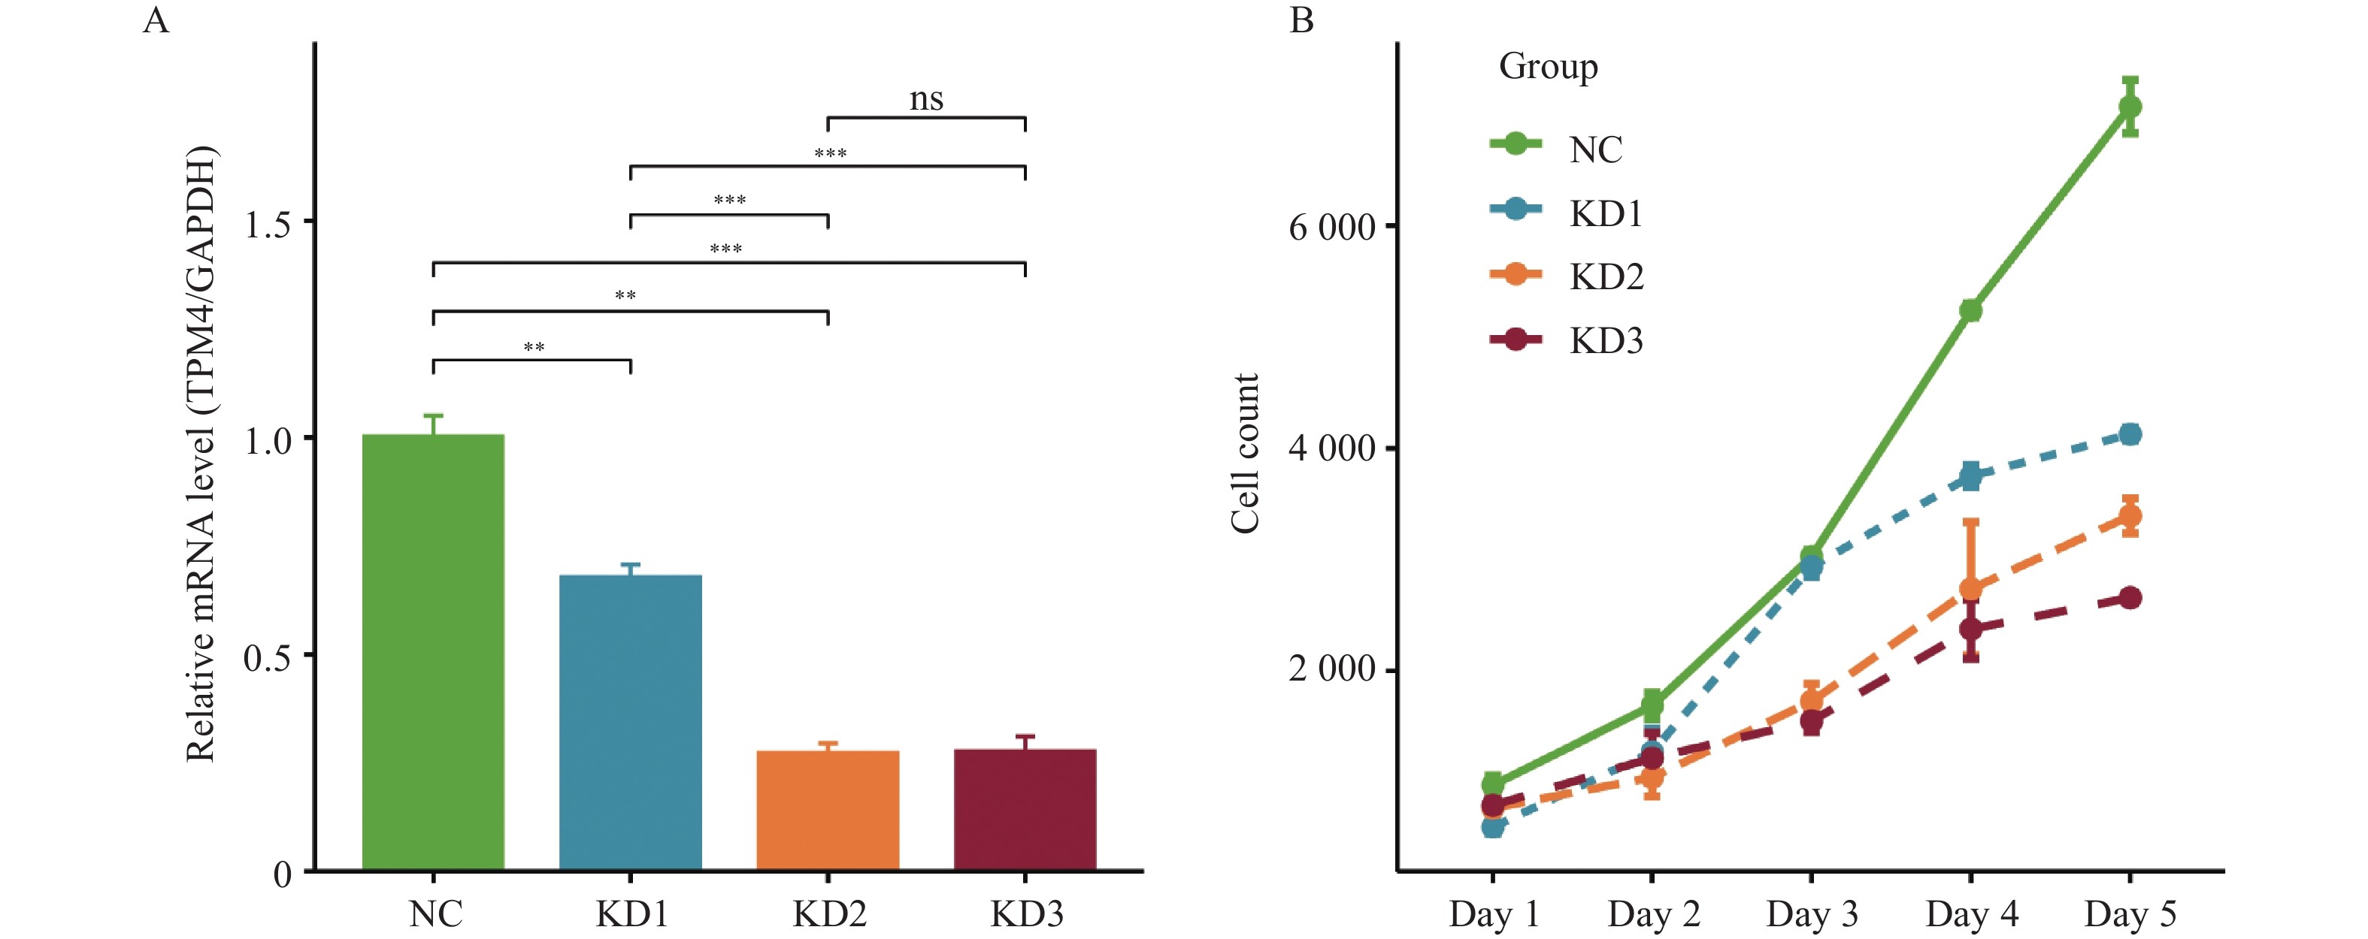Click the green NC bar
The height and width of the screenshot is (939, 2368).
click(433, 651)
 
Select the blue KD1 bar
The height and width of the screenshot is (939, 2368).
click(631, 722)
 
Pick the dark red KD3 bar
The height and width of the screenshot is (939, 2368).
click(1025, 808)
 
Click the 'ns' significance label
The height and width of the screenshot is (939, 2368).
click(925, 98)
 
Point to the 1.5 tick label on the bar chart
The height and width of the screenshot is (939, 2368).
click(267, 223)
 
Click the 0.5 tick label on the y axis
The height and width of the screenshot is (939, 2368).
click(267, 657)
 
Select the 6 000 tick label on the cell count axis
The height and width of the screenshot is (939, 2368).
click(1331, 227)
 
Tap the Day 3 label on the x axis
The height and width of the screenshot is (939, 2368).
click(1811, 914)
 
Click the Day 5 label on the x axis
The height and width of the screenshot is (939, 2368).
click(2130, 914)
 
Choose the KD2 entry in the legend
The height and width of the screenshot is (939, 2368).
click(1605, 276)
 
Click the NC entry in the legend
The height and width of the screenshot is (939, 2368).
click(1595, 149)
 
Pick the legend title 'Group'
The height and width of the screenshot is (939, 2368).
click(1548, 66)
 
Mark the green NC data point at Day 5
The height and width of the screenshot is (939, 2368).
click(2130, 107)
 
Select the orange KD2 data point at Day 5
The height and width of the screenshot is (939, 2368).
click(2130, 515)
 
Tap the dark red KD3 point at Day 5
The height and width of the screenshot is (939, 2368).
click(2130, 598)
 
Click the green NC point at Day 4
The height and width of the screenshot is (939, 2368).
click(1970, 310)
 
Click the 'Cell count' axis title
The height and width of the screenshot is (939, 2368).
click(1245, 453)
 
